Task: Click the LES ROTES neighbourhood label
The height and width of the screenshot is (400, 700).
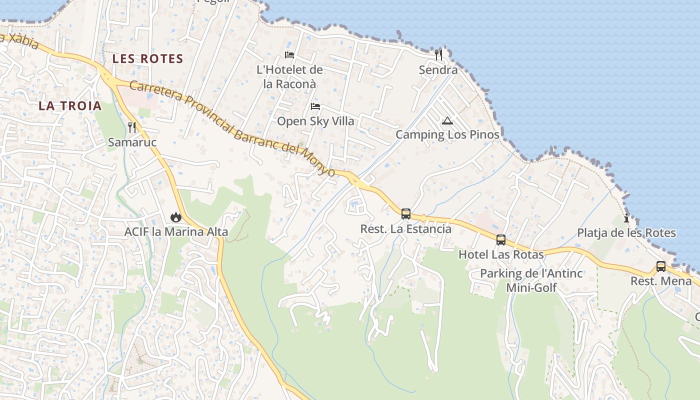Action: click(x=147, y=58)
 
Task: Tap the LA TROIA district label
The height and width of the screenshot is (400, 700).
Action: click(x=70, y=105)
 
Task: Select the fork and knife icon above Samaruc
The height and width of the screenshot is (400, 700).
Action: click(x=132, y=127)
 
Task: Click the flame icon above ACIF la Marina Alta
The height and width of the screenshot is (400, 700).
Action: click(x=175, y=217)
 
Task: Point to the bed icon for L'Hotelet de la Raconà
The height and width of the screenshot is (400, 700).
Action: click(x=289, y=54)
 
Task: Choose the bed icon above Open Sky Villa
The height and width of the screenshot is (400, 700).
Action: click(x=315, y=106)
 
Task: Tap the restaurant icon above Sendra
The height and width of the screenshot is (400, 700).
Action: click(x=438, y=54)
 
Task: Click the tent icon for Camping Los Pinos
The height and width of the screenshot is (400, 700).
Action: click(x=447, y=120)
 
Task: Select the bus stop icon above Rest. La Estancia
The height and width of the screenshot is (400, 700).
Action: click(x=406, y=214)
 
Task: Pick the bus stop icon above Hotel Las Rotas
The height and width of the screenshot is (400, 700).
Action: click(x=501, y=240)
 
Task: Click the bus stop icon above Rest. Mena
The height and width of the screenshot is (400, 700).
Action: click(x=661, y=266)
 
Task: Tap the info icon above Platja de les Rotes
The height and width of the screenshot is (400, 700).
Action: click(x=626, y=218)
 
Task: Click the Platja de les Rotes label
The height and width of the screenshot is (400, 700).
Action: click(x=626, y=233)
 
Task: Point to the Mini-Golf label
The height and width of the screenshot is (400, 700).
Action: click(x=531, y=287)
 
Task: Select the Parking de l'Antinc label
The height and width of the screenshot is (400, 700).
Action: click(x=531, y=273)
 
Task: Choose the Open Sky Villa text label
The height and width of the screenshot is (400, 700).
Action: click(x=315, y=121)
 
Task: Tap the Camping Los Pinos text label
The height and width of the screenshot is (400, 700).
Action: click(x=447, y=134)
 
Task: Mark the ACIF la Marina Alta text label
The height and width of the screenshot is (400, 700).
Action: click(x=176, y=232)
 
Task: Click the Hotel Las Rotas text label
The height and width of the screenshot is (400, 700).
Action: click(x=501, y=254)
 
